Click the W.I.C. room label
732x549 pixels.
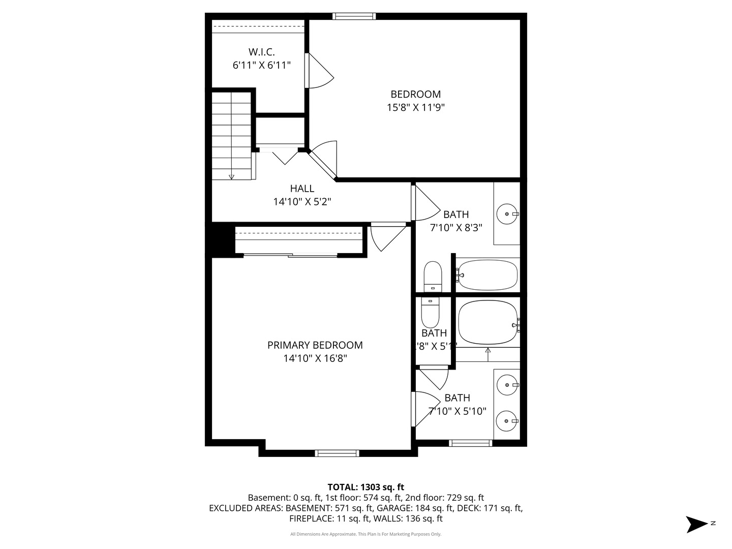[x=261, y=52]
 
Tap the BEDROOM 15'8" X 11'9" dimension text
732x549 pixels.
[x=415, y=107]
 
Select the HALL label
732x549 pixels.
[x=302, y=189]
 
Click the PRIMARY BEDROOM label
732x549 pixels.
[x=315, y=345]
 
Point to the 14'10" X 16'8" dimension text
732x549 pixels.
[x=315, y=358]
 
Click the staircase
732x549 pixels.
[x=232, y=135]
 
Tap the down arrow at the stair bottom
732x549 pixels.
[x=232, y=176]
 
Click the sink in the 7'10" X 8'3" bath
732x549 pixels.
[x=507, y=214]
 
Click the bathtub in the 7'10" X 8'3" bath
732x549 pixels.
[x=487, y=275]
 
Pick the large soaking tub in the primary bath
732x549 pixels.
[x=487, y=323]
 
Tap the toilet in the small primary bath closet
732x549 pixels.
[x=430, y=313]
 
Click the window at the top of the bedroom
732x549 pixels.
[x=354, y=16]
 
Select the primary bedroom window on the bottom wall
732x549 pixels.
[x=337, y=453]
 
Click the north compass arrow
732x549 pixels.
[x=696, y=524]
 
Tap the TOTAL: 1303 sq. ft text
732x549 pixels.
[x=365, y=487]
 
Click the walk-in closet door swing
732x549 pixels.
[x=319, y=71]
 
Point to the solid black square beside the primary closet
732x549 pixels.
[x=220, y=239]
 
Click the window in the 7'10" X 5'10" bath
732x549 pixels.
[x=470, y=443]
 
